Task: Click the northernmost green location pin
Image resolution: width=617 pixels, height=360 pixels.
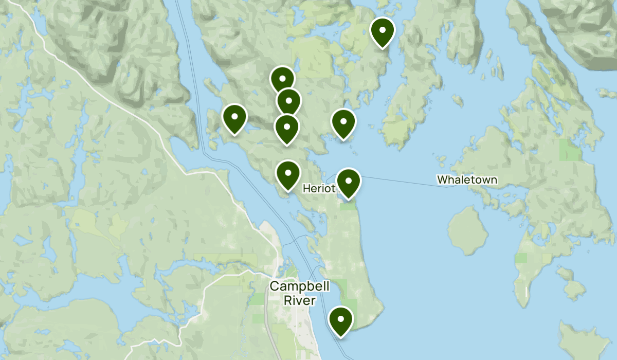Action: [382, 32]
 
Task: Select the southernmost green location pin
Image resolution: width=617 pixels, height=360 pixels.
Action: [340, 320]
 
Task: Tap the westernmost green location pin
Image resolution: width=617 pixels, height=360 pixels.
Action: [234, 118]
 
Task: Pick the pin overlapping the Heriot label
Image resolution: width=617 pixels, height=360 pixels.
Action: [348, 183]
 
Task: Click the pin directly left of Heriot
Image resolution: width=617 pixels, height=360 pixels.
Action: [288, 175]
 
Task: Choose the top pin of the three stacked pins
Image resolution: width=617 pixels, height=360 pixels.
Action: [282, 80]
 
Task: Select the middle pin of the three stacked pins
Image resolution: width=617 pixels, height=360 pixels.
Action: [288, 101]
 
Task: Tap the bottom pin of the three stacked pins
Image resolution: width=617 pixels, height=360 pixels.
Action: [286, 128]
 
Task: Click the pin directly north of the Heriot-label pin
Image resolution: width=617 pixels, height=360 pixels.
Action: [343, 123]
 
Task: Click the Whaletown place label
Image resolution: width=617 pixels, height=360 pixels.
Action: [467, 180]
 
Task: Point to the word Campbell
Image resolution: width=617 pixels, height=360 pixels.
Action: [299, 286]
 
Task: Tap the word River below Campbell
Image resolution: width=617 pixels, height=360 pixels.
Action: [299, 300]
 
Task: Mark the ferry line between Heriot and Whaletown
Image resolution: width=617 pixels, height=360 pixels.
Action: [401, 181]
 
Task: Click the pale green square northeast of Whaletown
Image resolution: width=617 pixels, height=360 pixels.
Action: [568, 149]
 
